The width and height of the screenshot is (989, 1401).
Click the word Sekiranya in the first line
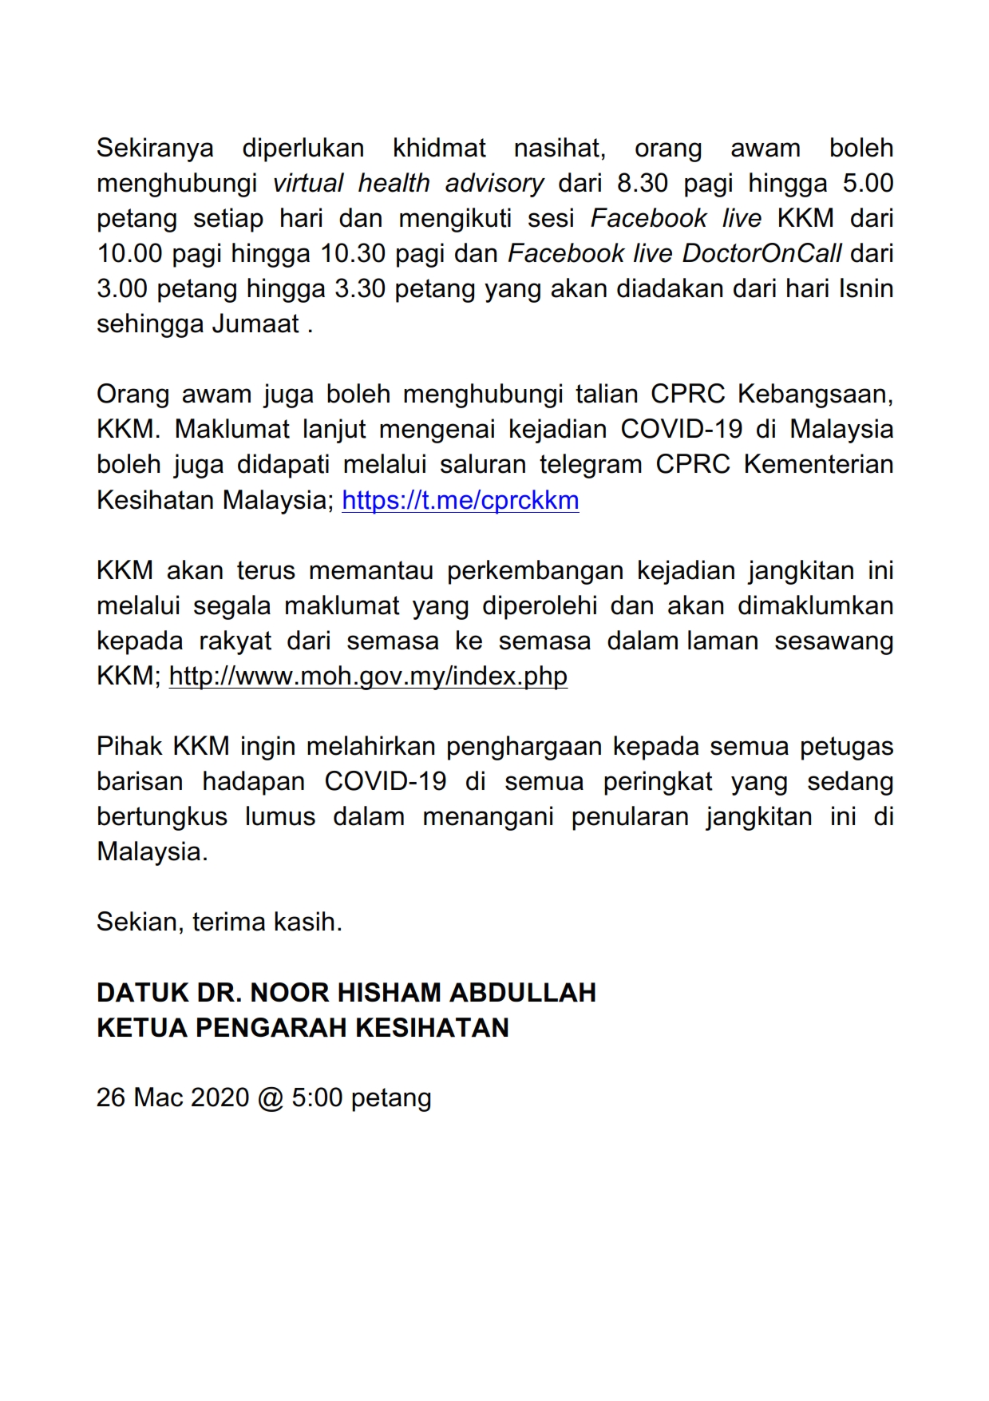[155, 149]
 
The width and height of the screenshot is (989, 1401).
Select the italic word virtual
[308, 184]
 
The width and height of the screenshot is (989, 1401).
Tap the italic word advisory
[494, 184]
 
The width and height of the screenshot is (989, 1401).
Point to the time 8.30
[643, 184]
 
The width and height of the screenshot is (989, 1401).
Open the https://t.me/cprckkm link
[461, 500]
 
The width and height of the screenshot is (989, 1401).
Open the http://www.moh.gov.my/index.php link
[368, 676]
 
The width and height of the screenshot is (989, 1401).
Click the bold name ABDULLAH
[523, 992]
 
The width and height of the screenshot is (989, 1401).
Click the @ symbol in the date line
[271, 1097]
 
